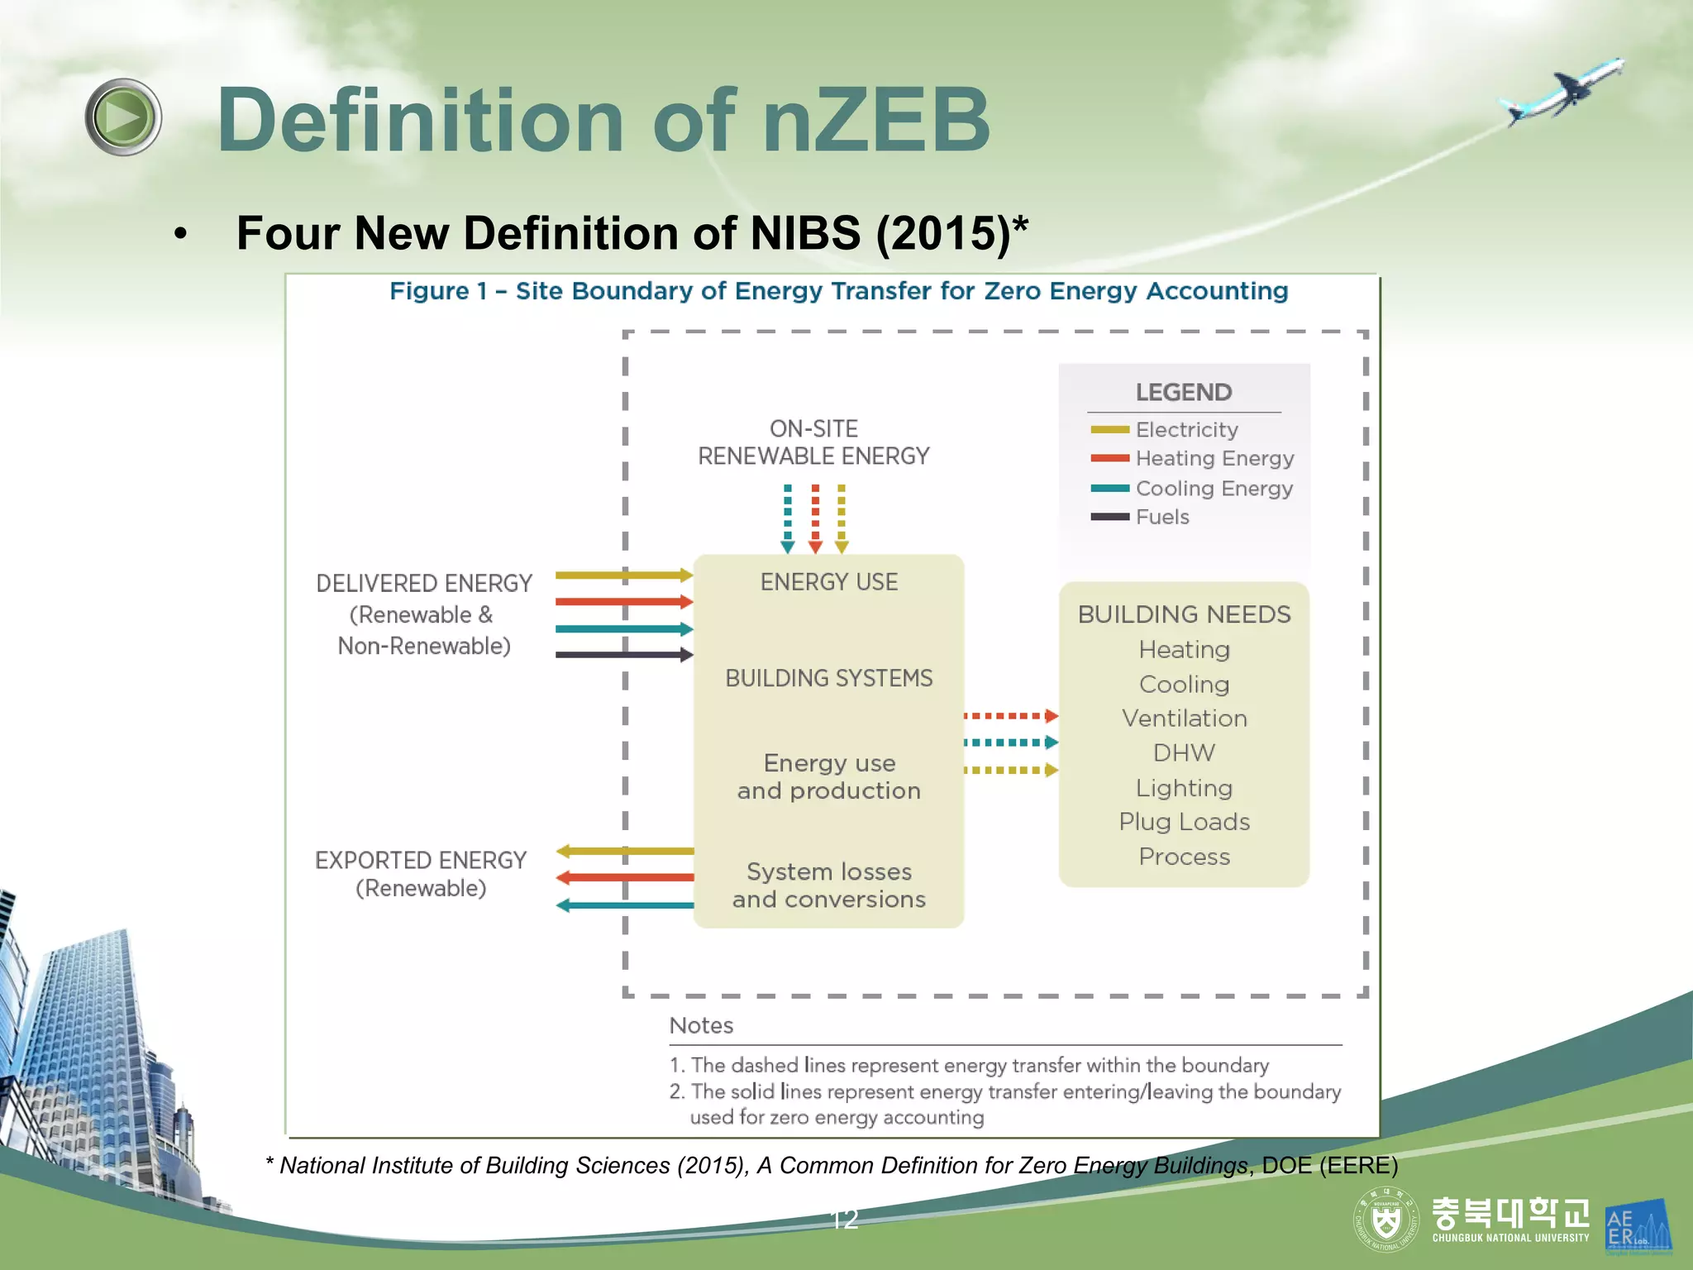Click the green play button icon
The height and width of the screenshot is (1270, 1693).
[123, 117]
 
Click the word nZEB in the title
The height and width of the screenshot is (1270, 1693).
[876, 121]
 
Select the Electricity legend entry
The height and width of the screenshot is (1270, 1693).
[1186, 430]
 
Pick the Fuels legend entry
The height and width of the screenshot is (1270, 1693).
[1161, 518]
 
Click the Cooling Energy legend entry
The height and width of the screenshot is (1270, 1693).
[1213, 489]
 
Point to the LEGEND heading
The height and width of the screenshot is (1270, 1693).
[1183, 392]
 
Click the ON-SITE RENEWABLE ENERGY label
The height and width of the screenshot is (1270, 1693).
[813, 442]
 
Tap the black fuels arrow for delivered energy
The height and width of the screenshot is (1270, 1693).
[624, 656]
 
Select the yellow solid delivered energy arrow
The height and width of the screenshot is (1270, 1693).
[624, 575]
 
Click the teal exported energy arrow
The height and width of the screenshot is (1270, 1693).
[624, 905]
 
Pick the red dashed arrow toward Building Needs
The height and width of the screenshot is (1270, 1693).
[1011, 716]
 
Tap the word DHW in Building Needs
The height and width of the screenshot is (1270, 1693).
[1184, 753]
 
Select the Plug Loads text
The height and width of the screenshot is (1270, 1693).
[1184, 822]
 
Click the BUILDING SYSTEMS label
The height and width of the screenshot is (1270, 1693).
[828, 678]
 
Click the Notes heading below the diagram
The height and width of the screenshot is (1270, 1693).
[701, 1026]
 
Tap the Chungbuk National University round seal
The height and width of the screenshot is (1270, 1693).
[1385, 1220]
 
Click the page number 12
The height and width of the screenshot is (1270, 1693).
[844, 1220]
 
